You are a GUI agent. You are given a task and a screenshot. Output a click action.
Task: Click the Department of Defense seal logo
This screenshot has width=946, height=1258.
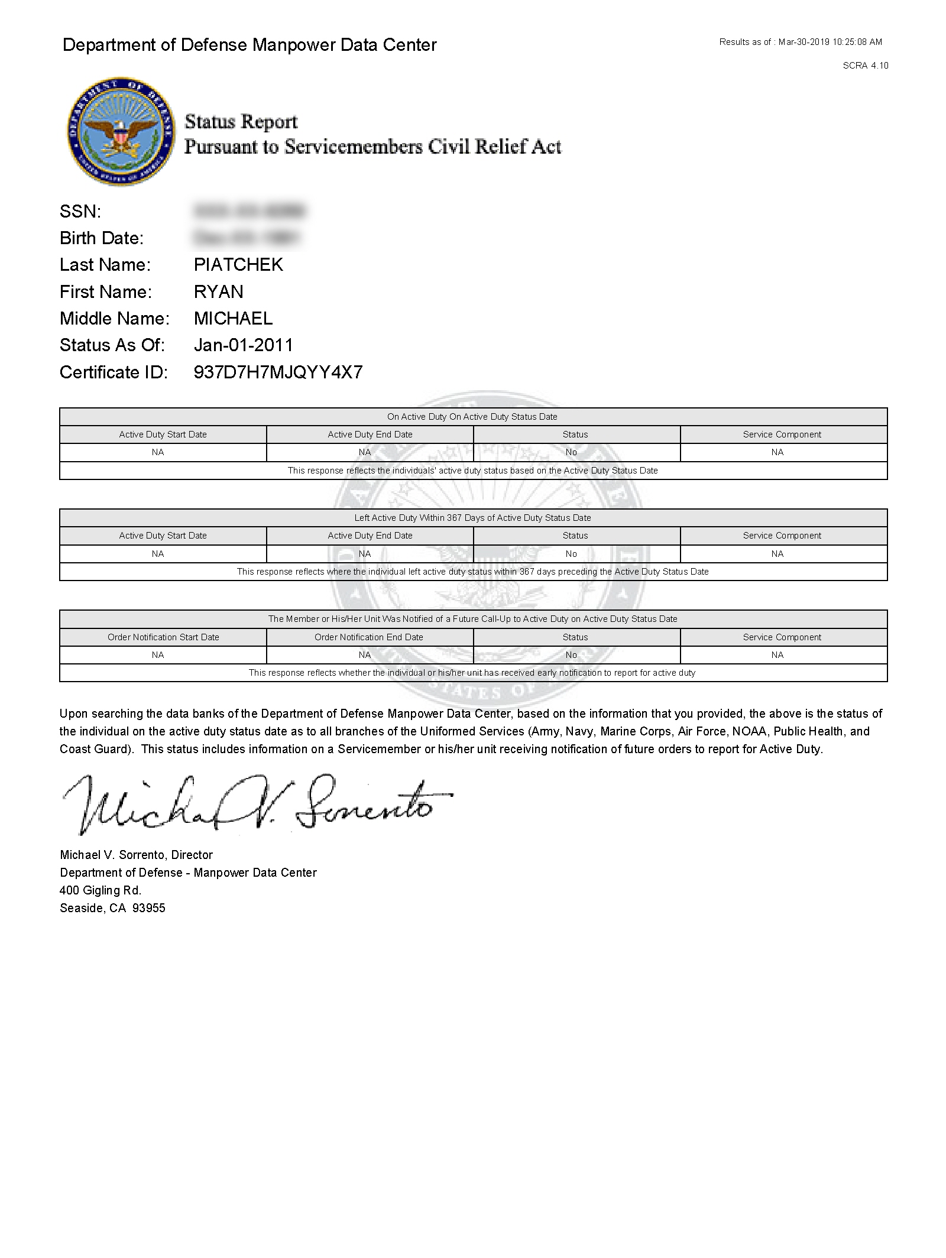click(x=121, y=131)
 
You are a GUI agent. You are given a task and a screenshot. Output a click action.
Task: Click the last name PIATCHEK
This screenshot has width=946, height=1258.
click(x=238, y=265)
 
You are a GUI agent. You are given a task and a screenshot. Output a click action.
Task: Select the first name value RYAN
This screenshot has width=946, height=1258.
click(x=218, y=291)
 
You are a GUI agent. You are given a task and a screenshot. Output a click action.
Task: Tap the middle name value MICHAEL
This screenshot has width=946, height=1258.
click(x=233, y=319)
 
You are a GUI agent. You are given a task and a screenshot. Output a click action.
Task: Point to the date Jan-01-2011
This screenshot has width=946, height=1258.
click(x=243, y=345)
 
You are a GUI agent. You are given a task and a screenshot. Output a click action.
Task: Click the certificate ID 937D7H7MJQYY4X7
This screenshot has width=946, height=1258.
click(x=278, y=372)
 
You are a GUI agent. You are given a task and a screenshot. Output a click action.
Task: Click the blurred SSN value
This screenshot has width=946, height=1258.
click(x=249, y=211)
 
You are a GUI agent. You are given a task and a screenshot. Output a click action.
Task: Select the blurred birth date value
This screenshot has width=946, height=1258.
click(x=247, y=238)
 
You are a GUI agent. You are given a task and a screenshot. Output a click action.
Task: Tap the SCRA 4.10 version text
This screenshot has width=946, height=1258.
click(x=865, y=66)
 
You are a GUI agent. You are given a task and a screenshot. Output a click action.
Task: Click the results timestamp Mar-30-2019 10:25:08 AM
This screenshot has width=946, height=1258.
click(x=830, y=42)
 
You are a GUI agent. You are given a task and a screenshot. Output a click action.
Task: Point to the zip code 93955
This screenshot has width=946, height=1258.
click(x=149, y=908)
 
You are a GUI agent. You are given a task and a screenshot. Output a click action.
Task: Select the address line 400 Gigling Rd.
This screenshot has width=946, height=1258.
click(x=101, y=890)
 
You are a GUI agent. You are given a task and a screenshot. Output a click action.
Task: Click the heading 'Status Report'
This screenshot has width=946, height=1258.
click(x=241, y=122)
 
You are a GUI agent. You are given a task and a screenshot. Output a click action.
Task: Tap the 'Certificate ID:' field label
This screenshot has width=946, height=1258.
click(x=114, y=372)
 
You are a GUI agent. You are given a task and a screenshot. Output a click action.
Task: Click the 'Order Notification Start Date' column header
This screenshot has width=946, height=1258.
click(x=163, y=637)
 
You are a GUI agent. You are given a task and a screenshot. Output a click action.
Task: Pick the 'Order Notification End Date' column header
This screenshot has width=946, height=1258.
click(x=369, y=637)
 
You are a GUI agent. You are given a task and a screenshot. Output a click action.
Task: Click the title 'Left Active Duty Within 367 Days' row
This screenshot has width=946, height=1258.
click(x=472, y=518)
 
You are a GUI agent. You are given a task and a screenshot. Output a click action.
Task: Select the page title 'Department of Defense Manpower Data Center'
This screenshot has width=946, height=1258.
click(x=250, y=45)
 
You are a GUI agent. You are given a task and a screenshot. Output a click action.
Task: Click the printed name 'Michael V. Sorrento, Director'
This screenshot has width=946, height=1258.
click(x=136, y=855)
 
